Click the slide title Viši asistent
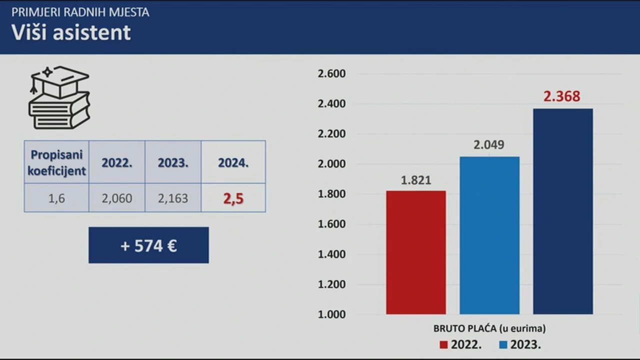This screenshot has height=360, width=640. pyautogui.click(x=71, y=33)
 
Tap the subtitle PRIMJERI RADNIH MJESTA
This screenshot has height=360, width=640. pyautogui.click(x=80, y=12)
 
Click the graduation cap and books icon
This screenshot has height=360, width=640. pyautogui.click(x=59, y=97)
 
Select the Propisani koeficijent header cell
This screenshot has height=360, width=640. pyautogui.click(x=56, y=162)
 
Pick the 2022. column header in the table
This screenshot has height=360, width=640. pyautogui.click(x=117, y=163)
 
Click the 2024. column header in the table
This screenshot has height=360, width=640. pyautogui.click(x=233, y=163)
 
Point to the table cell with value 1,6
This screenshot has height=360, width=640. pyautogui.click(x=56, y=198)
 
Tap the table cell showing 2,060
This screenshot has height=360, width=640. pyautogui.click(x=117, y=198)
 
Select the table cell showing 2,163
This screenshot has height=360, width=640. pyautogui.click(x=173, y=198)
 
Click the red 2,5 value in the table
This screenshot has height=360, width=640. pyautogui.click(x=233, y=198)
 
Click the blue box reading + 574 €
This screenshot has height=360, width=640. pyautogui.click(x=148, y=245)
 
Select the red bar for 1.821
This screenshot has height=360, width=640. pyautogui.click(x=415, y=252)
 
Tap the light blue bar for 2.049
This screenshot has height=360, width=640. pyautogui.click(x=489, y=235)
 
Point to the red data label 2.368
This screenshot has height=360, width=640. pyautogui.click(x=562, y=96)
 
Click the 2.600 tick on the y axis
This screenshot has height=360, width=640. pyautogui.click(x=331, y=74)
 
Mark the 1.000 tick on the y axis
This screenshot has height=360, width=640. pyautogui.click(x=331, y=314)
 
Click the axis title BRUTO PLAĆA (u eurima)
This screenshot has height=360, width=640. pyautogui.click(x=489, y=328)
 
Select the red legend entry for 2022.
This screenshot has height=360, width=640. pyautogui.click(x=460, y=344)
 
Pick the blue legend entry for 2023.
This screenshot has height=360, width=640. pyautogui.click(x=520, y=344)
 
